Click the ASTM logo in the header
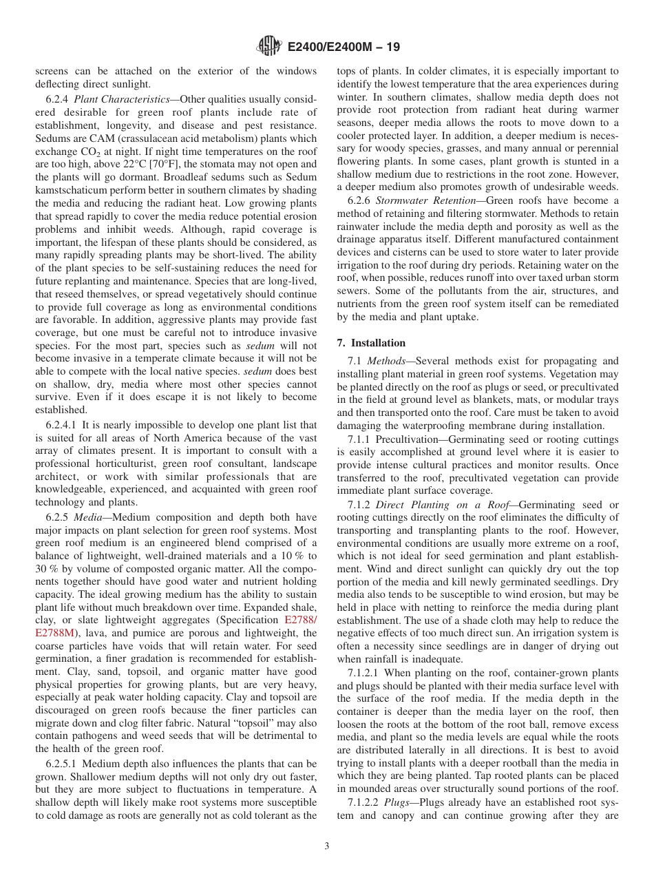pyautogui.click(x=268, y=46)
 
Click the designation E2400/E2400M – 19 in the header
pyautogui.click(x=343, y=47)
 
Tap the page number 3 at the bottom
pyautogui.click(x=327, y=846)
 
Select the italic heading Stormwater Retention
pyautogui.click(x=421, y=201)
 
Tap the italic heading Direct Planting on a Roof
pyautogui.click(x=434, y=505)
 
